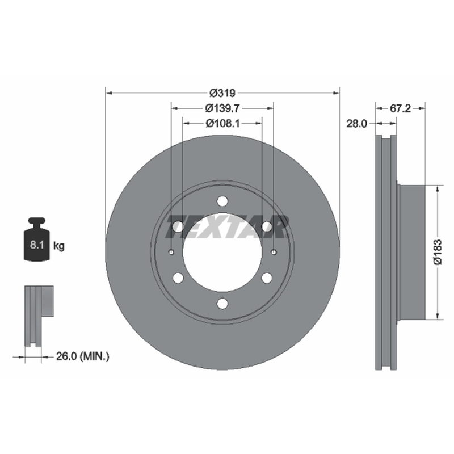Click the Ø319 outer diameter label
click(x=222, y=93)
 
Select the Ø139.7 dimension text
click(x=222, y=108)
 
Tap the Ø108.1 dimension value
click(x=222, y=124)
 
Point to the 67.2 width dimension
click(x=401, y=108)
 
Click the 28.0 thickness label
click(x=357, y=124)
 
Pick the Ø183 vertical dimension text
click(x=438, y=252)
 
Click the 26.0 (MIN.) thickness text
click(x=82, y=356)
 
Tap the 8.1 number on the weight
click(x=37, y=245)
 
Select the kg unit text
click(x=59, y=246)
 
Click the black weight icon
click(x=37, y=239)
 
